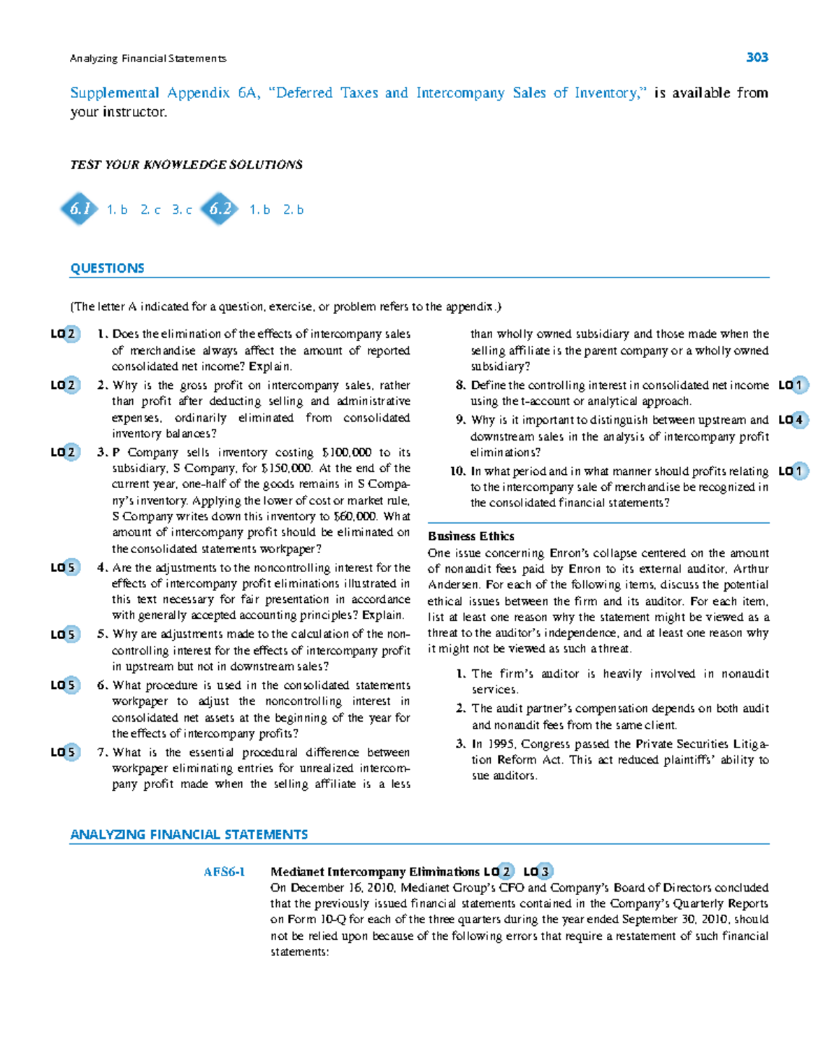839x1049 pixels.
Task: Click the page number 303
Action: pyautogui.click(x=756, y=57)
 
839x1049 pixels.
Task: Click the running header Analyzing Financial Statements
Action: pyautogui.click(x=148, y=59)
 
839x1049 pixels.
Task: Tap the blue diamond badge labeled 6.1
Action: pyautogui.click(x=80, y=208)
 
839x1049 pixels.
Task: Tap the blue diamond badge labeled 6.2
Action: pyautogui.click(x=220, y=208)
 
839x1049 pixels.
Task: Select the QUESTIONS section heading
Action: pyautogui.click(x=107, y=269)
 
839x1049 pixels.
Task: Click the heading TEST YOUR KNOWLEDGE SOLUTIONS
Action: pyautogui.click(x=186, y=165)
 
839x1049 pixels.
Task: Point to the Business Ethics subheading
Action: pyautogui.click(x=471, y=536)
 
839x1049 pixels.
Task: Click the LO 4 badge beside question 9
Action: pyautogui.click(x=793, y=420)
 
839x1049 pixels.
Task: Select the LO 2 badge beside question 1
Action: pyautogui.click(x=65, y=334)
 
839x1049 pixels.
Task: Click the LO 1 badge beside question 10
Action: pyautogui.click(x=793, y=471)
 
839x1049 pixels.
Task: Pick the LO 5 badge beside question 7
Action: pyautogui.click(x=65, y=752)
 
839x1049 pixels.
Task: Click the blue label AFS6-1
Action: pyautogui.click(x=224, y=872)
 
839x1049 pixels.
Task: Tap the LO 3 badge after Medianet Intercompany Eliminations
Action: pyautogui.click(x=538, y=871)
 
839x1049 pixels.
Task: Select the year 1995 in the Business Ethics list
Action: pyautogui.click(x=501, y=744)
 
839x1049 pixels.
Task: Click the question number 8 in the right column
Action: pyautogui.click(x=460, y=385)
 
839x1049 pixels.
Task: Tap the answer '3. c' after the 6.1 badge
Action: pyautogui.click(x=182, y=210)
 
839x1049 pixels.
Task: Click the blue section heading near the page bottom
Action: pyautogui.click(x=189, y=835)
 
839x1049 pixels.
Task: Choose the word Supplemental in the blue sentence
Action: pyautogui.click(x=115, y=93)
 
